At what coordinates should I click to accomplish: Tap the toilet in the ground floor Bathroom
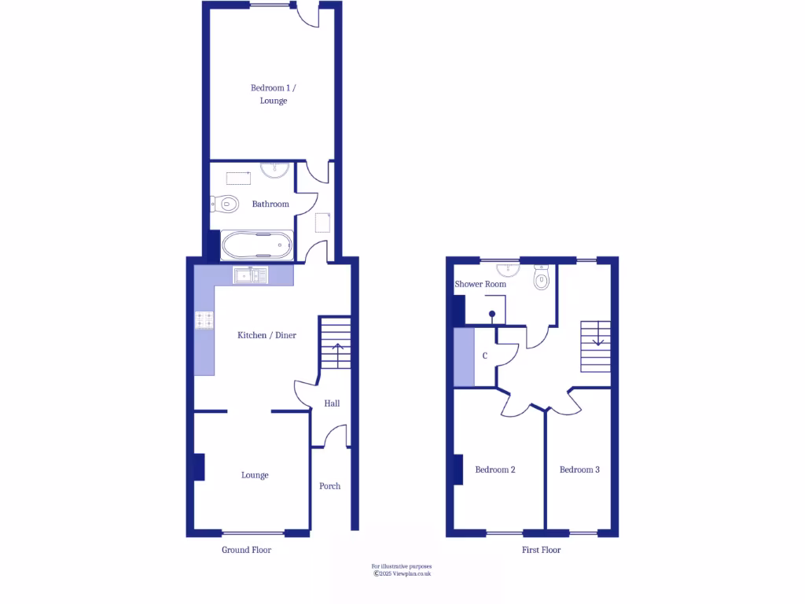226,204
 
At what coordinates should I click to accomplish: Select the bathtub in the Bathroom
257,245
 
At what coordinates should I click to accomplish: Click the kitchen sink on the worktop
251,275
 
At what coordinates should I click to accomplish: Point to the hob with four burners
204,320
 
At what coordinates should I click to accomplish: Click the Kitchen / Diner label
267,335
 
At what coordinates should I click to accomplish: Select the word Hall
333,403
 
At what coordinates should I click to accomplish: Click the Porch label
330,486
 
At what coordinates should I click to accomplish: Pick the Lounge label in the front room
255,475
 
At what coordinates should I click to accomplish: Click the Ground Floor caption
246,550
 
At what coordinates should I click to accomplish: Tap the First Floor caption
542,550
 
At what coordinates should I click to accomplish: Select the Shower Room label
480,284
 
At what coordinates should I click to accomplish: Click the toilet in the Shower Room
542,279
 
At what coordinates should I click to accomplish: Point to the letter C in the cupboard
485,356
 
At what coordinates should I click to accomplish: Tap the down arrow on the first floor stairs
598,339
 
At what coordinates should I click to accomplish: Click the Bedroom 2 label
495,470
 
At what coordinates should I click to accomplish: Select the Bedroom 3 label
579,470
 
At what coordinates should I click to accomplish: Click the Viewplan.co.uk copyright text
402,573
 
